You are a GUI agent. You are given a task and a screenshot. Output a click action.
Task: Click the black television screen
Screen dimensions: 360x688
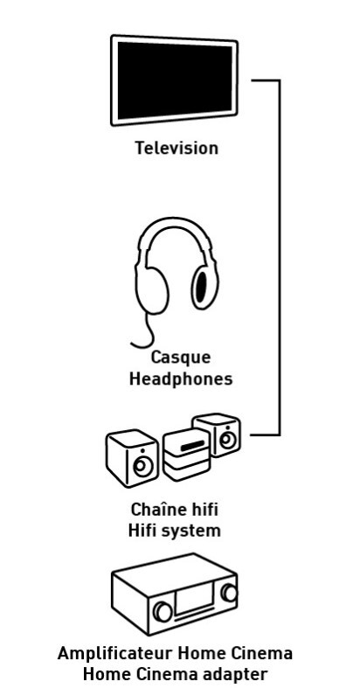[175, 80]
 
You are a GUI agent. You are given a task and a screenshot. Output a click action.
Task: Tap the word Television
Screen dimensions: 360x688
[177, 148]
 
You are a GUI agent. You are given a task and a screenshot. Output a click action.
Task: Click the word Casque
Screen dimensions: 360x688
[181, 358]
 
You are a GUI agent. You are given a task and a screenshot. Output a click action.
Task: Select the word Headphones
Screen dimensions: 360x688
[181, 379]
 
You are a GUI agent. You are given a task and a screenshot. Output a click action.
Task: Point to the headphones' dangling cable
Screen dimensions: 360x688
[145, 332]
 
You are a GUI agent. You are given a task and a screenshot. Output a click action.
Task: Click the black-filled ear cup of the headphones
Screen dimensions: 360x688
[201, 288]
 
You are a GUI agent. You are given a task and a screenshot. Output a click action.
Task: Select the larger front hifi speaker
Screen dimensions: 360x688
[133, 457]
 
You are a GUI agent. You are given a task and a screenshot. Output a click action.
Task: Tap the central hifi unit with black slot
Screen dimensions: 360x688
[186, 454]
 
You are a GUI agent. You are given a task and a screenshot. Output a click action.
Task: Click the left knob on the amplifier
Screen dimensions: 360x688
[163, 611]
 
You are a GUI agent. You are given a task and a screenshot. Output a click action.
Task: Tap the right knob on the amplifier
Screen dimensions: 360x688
[229, 593]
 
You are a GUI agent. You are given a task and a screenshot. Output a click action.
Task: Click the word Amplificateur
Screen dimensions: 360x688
[115, 653]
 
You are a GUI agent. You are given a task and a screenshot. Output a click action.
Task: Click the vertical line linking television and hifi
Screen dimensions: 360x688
[279, 258]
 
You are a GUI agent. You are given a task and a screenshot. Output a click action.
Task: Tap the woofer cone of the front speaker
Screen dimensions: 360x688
[142, 467]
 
